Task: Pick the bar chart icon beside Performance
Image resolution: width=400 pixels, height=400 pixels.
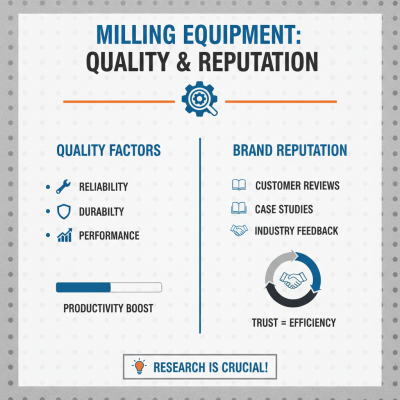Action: [64, 235]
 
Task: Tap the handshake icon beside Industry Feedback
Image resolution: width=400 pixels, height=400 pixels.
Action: [238, 231]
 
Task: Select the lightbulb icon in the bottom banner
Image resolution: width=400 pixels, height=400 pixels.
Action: [139, 367]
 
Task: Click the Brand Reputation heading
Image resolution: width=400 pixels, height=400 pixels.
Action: [290, 150]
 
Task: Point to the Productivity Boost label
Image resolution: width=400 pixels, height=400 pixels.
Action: [108, 308]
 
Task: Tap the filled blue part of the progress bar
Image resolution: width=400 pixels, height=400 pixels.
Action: [83, 287]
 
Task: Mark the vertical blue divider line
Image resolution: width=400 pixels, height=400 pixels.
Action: [200, 235]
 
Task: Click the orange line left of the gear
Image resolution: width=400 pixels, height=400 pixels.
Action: [118, 101]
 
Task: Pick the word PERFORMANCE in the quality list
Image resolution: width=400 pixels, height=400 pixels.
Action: [109, 235]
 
